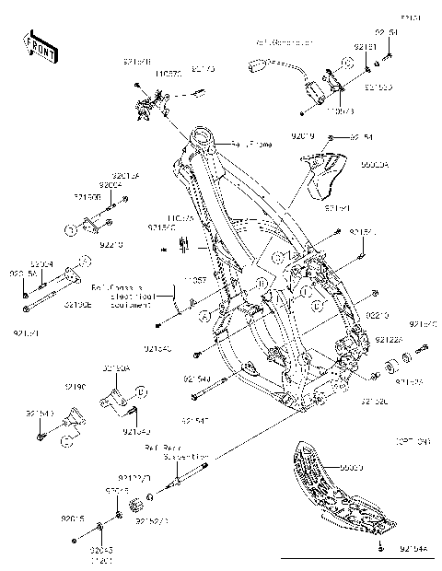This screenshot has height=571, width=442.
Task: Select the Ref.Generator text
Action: coord(284,43)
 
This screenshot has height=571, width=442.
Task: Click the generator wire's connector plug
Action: coord(257,65)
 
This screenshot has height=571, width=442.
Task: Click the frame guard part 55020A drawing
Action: coord(322,176)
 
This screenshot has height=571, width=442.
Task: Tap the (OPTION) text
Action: coord(413,442)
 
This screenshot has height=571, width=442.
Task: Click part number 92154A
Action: coord(413,550)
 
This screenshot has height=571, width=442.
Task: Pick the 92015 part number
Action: coord(74,519)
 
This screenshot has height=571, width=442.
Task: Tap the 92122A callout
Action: coord(388,340)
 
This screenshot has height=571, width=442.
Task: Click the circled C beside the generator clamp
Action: coord(347,63)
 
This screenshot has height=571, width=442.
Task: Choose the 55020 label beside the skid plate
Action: coord(354,468)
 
